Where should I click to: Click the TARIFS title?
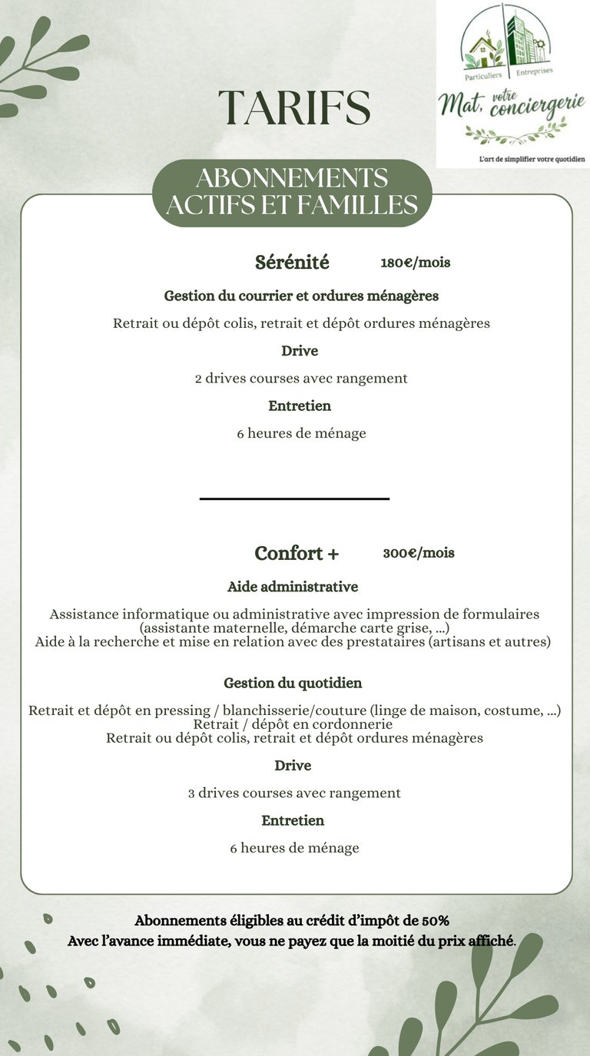(x=294, y=108)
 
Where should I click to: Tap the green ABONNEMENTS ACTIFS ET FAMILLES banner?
(x=292, y=192)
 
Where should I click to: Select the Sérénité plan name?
(x=292, y=263)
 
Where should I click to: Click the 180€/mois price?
(x=416, y=263)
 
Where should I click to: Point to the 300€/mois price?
(x=419, y=553)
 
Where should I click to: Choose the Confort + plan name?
(x=297, y=553)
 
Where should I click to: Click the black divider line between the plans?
(x=294, y=499)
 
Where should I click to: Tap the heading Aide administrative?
(x=293, y=587)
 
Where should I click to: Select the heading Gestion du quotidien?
(x=293, y=683)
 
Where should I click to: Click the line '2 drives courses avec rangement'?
(x=301, y=379)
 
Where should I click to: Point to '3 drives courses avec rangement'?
(x=294, y=793)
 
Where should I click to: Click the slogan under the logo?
(x=527, y=158)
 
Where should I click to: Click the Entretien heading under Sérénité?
(x=300, y=406)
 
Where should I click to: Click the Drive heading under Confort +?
(x=293, y=766)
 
